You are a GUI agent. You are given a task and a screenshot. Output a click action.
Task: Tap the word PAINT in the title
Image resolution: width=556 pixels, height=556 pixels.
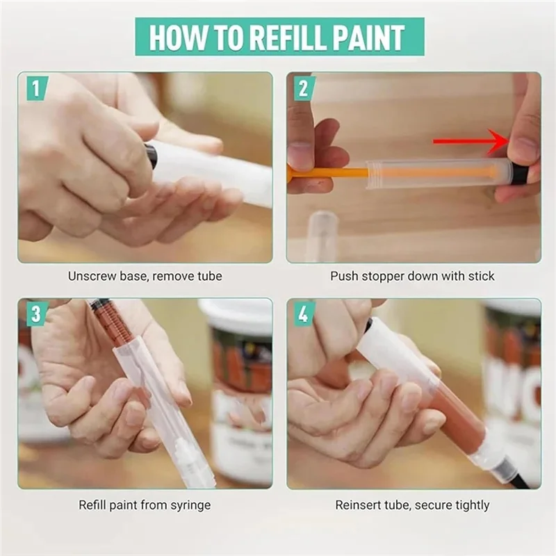[x=366, y=37]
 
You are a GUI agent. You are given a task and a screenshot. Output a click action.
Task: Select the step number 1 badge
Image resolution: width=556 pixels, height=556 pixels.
[x=36, y=88]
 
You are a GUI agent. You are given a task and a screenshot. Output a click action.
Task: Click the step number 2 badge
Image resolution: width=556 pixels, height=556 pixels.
[x=304, y=88]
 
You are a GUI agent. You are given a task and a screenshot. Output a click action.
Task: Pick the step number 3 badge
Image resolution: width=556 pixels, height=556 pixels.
[x=36, y=314]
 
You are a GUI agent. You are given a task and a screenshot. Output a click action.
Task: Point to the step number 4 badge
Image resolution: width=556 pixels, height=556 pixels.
[x=304, y=314]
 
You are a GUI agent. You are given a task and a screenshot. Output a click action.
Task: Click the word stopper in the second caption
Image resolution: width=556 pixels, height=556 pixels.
[x=384, y=276]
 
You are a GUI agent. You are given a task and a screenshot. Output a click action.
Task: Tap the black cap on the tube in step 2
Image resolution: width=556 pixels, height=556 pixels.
[x=518, y=172]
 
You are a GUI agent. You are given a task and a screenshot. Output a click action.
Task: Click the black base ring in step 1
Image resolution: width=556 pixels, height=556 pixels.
[x=152, y=156]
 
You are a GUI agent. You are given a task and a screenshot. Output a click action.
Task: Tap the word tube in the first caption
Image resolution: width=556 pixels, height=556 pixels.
[x=210, y=276]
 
